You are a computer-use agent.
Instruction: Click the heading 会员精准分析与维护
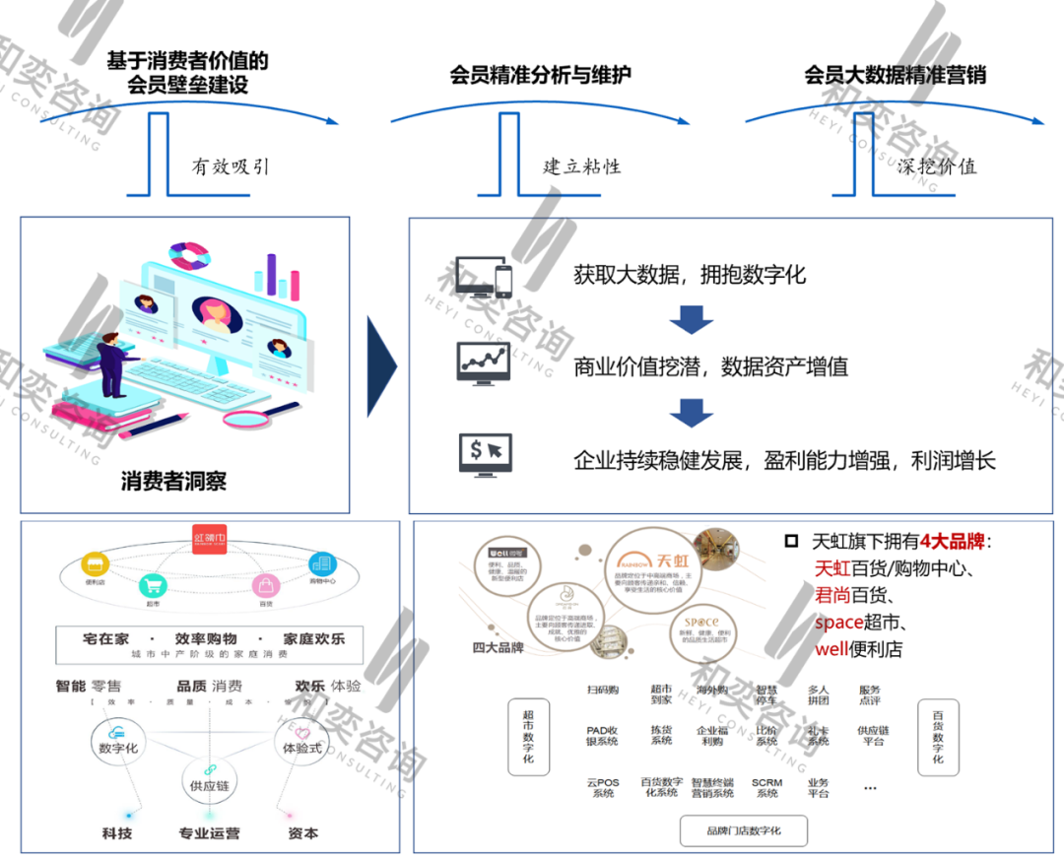coord(540,74)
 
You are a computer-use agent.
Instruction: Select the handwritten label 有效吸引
coord(230,165)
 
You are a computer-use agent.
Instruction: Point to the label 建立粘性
coord(582,165)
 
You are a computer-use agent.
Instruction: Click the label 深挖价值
coord(936,165)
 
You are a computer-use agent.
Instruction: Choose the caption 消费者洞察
coord(173,482)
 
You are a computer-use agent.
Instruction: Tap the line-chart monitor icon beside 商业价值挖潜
coord(483,363)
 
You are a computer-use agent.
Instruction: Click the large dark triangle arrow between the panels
coord(381,366)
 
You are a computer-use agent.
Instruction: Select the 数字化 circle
coord(118,747)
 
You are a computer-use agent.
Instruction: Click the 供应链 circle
coord(209,784)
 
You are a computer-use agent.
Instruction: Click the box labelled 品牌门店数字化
coord(743,830)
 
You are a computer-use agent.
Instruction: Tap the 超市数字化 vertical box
coord(528,739)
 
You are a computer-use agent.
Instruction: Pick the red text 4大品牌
coord(953,541)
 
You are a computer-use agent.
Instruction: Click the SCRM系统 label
coord(766,787)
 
